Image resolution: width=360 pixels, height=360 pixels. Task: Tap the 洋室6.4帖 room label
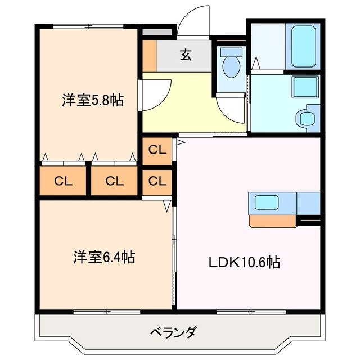point(103,258)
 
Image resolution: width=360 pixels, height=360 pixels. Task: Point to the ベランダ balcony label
point(173,332)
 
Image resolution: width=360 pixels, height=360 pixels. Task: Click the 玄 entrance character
point(185,55)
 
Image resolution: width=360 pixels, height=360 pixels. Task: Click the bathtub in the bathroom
point(303,46)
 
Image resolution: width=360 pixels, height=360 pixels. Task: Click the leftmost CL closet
point(62,181)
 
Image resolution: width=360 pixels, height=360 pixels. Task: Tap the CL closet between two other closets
point(114,181)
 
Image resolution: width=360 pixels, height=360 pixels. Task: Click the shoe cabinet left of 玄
point(149,55)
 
